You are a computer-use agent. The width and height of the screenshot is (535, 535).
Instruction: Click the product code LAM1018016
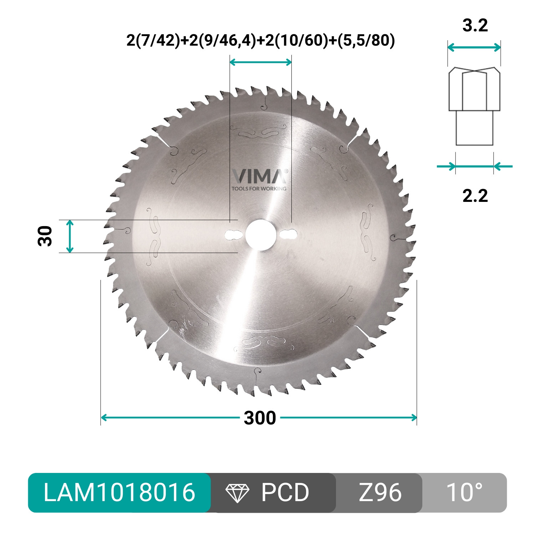click(119, 493)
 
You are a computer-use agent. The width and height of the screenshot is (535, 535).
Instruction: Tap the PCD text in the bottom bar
click(285, 493)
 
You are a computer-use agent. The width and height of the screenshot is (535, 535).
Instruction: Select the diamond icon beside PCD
click(238, 493)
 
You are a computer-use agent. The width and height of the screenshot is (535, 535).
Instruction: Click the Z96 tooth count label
click(380, 493)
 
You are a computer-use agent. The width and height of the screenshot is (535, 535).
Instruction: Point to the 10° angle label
click(464, 493)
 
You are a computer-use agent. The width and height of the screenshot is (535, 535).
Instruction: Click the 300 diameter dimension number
click(260, 418)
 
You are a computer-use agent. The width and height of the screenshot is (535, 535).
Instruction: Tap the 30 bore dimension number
click(45, 236)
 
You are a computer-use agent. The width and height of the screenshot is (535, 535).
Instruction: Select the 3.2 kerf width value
click(475, 26)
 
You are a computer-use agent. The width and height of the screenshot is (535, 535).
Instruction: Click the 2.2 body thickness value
click(475, 196)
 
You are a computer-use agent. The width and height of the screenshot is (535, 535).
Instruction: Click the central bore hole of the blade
click(260, 234)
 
